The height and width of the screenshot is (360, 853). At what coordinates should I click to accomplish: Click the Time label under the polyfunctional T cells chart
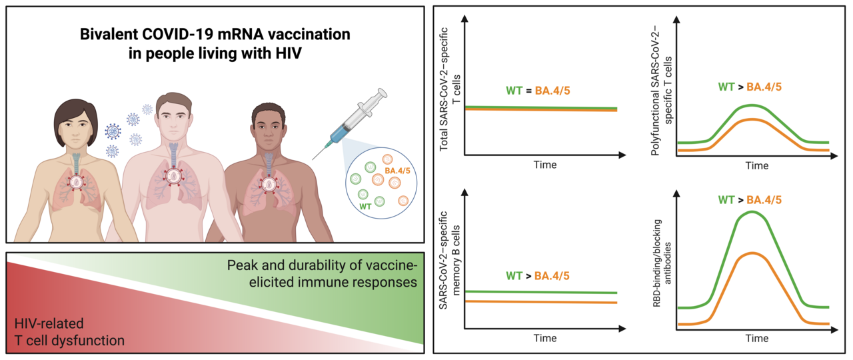click(x=756, y=165)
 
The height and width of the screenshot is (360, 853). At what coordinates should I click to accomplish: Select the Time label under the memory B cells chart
click(x=544, y=337)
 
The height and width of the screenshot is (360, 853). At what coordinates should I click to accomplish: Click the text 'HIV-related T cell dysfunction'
click(x=70, y=332)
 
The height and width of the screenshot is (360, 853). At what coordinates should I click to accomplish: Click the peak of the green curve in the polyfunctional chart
click(x=752, y=105)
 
